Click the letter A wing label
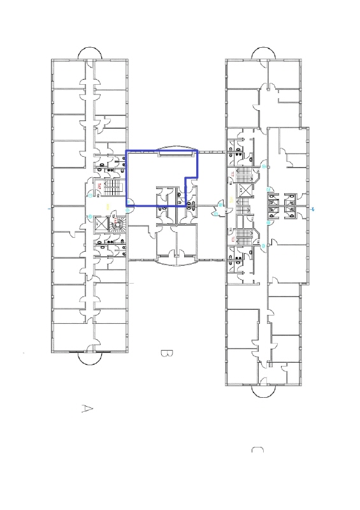88,409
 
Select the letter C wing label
258,451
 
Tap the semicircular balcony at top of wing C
263,52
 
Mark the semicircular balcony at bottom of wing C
263,391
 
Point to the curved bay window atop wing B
175,148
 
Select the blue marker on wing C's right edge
313,208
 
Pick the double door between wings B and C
221,208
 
